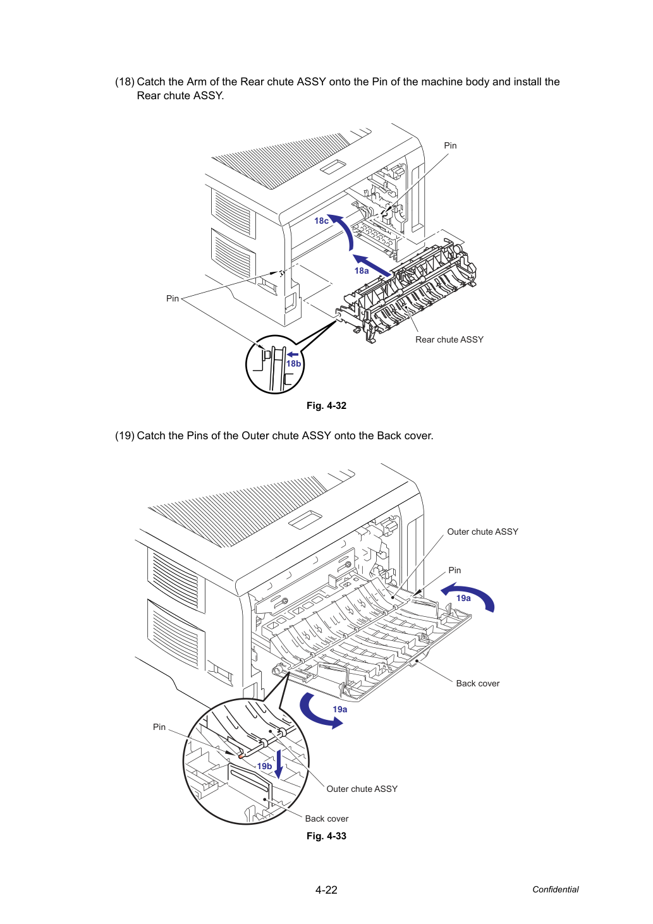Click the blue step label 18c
pos(321,221)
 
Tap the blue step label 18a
pos(362,271)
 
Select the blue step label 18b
pos(293,364)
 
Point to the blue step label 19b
pos(264,766)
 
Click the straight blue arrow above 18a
pos(372,265)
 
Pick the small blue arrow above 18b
pos(293,355)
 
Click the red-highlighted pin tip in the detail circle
pos(241,757)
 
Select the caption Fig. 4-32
pos(326,406)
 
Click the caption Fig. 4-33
pos(326,836)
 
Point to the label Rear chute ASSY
pos(449,340)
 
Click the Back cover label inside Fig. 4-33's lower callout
pos(327,819)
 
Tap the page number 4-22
pos(326,890)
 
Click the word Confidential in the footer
pos(555,890)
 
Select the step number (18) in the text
pos(125,82)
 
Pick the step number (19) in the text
pos(125,436)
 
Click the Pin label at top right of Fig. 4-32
pos(450,145)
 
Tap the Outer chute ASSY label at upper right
pos(482,532)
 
